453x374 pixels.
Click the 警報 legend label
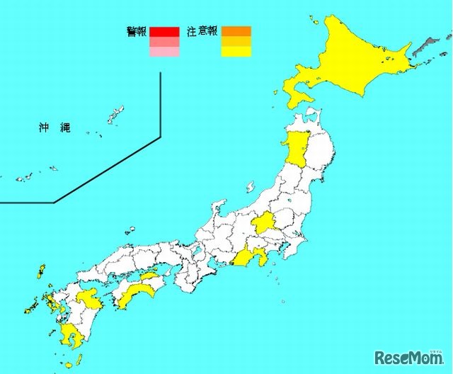pyautogui.click(x=137, y=31)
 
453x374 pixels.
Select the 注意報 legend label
pyautogui.click(x=202, y=31)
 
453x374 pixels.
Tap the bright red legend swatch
pyautogui.click(x=164, y=31)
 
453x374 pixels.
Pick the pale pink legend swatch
pyautogui.click(x=164, y=51)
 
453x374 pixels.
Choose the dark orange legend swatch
pyautogui.click(x=236, y=31)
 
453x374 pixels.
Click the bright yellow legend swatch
pyautogui.click(x=236, y=51)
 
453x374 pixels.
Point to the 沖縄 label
pyautogui.click(x=54, y=128)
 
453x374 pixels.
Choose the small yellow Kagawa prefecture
pyautogui.click(x=149, y=276)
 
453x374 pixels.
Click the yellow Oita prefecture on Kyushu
pyautogui.click(x=91, y=297)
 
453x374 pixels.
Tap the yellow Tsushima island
pyautogui.click(x=40, y=272)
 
